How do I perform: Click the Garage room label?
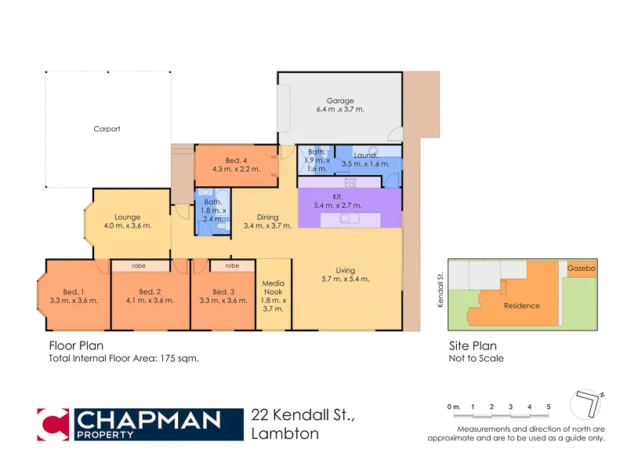[x=340, y=100]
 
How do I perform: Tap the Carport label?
[x=107, y=129]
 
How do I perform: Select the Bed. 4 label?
[x=237, y=161]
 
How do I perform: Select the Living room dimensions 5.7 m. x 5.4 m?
[x=346, y=279]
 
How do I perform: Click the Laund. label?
[x=365, y=155]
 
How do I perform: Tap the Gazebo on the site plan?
[x=582, y=268]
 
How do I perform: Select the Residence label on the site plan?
[x=521, y=305]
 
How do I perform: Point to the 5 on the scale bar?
[x=549, y=407]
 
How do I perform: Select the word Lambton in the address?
[x=285, y=434]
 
